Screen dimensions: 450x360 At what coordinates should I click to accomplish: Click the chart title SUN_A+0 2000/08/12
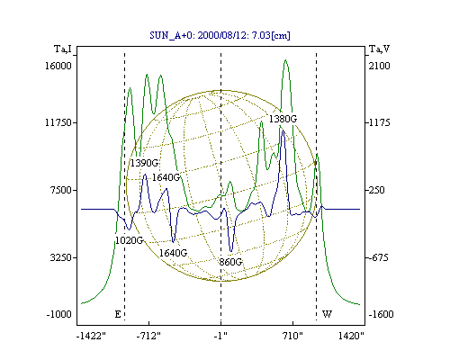point(220,35)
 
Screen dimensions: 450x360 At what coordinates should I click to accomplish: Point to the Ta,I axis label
point(63,49)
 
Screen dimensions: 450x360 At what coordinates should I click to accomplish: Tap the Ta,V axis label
point(379,49)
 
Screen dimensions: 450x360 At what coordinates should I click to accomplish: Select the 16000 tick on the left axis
point(58,66)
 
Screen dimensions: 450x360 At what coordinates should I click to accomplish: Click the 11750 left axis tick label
point(58,122)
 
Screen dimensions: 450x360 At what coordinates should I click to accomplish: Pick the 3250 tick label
point(61,257)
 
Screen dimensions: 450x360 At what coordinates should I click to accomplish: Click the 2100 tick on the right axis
point(380,66)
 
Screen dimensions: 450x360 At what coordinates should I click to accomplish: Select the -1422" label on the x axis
point(91,336)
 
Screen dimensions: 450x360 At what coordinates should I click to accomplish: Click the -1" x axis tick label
point(220,336)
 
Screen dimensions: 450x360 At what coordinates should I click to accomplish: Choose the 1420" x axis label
point(351,336)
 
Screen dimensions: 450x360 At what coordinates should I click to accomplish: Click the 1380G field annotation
point(283,119)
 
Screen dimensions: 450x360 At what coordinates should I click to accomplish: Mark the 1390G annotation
point(144,163)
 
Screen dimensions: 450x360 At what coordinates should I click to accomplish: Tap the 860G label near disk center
point(230,262)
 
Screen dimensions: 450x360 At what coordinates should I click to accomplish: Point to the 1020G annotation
point(130,240)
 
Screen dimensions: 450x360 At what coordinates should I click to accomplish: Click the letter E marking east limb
point(118,314)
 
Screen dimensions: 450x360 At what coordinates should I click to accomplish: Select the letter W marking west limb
point(327,314)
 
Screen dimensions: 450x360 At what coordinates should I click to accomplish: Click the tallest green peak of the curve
point(285,60)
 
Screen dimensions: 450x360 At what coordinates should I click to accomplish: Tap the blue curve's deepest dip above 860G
point(230,251)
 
